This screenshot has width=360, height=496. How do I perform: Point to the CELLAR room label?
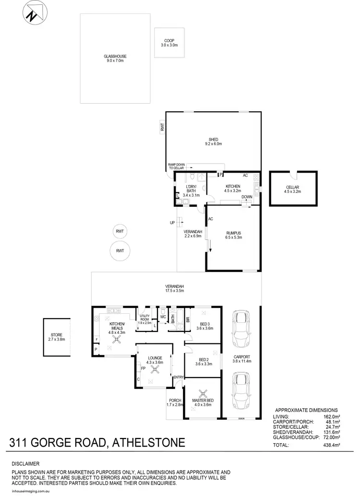point(293,189)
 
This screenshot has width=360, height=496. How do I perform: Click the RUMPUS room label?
point(233,235)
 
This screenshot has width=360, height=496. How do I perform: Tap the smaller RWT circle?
point(120,231)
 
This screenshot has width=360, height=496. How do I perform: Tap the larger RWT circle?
point(120,250)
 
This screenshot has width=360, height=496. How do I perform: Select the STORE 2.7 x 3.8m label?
point(57,337)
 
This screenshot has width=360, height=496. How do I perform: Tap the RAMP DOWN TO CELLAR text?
point(177,166)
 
